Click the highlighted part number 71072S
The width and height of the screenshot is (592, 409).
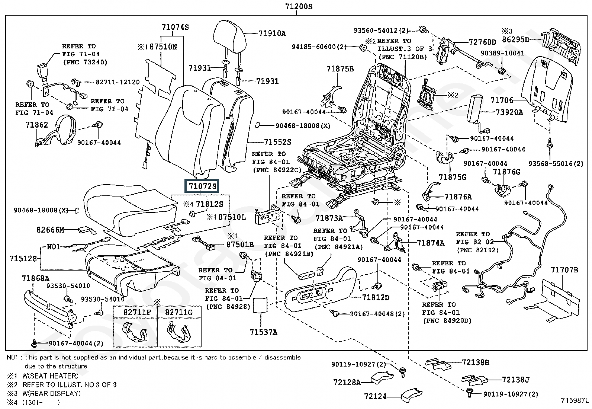point(202,186)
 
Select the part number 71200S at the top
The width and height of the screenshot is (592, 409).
point(296,6)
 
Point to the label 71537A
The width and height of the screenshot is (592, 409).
point(263,332)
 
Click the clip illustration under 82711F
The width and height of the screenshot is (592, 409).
point(135,332)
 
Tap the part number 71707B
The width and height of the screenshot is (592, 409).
point(564,270)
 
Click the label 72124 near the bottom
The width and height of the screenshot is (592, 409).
point(376,397)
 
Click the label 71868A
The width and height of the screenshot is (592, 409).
point(35,278)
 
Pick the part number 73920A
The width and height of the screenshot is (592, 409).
point(509,112)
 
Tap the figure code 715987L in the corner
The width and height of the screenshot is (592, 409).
point(575,401)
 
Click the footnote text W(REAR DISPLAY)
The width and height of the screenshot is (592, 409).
point(51,393)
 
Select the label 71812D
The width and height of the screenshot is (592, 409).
point(376,297)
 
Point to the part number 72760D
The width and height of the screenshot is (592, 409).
point(482,42)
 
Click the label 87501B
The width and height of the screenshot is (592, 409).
point(240,245)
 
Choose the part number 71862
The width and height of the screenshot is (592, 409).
point(37,125)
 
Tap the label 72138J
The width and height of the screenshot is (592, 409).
point(515,380)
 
